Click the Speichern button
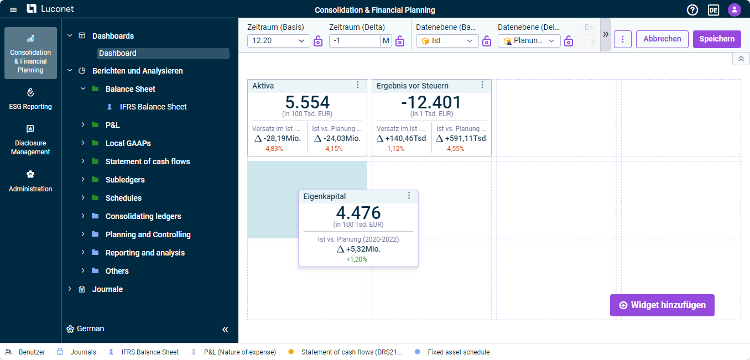pyautogui.click(x=717, y=39)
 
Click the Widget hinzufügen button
pyautogui.click(x=662, y=305)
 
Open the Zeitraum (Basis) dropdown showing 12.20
pyautogui.click(x=278, y=41)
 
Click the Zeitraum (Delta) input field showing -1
pyautogui.click(x=355, y=41)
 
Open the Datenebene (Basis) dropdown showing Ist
pyautogui.click(x=447, y=41)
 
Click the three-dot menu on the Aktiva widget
pyautogui.click(x=358, y=85)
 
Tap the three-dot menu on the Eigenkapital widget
pyautogui.click(x=409, y=196)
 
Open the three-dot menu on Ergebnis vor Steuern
pyautogui.click(x=482, y=85)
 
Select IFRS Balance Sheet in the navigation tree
pyautogui.click(x=153, y=107)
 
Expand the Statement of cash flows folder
pyautogui.click(x=83, y=161)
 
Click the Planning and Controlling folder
pyautogui.click(x=148, y=234)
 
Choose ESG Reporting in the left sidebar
pyautogui.click(x=30, y=99)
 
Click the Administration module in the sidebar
pyautogui.click(x=30, y=181)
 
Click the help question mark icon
pyautogui.click(x=692, y=10)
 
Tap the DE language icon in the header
pyautogui.click(x=713, y=10)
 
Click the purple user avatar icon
pyautogui.click(x=735, y=10)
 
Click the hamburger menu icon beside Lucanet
pyautogui.click(x=13, y=10)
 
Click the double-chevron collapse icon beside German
pyautogui.click(x=225, y=330)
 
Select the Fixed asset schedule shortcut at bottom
pyautogui.click(x=459, y=352)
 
